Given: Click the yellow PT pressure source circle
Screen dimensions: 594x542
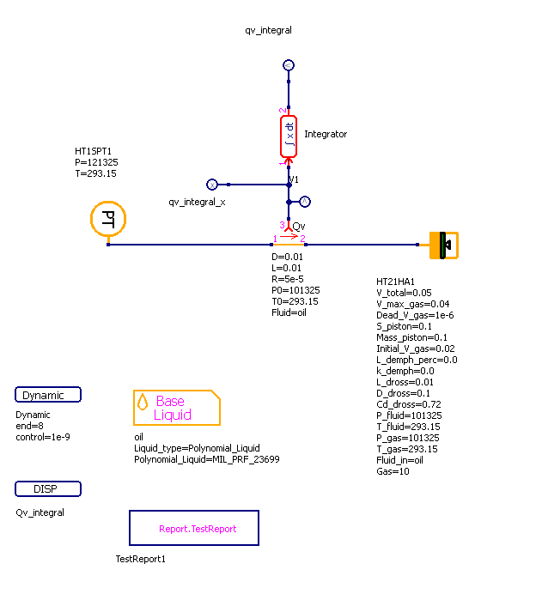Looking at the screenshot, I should (108, 219).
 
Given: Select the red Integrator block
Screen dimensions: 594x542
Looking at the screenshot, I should (289, 136).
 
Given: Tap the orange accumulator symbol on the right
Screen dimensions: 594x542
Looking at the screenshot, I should (444, 245).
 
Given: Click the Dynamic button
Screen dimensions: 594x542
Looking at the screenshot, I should (48, 395).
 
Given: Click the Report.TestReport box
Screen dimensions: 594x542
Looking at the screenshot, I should (198, 528).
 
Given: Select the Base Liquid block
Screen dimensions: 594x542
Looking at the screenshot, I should (176, 408).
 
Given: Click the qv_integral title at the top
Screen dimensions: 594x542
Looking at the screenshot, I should (268, 30).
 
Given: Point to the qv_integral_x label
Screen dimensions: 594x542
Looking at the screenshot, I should (197, 201).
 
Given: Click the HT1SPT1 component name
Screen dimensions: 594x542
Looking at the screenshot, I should (94, 151).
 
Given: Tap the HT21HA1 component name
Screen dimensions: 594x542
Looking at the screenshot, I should (396, 282).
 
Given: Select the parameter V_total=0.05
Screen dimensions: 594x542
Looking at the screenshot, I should (404, 293).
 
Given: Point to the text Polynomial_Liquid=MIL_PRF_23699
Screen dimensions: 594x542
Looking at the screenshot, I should (206, 459).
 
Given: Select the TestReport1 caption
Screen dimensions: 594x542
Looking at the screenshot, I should (140, 559).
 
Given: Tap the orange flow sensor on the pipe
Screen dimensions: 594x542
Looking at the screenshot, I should (289, 245).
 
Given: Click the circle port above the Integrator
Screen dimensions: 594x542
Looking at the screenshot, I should (289, 65).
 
